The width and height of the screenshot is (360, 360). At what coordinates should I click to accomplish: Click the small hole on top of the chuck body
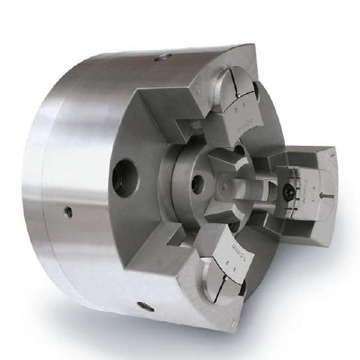pyautogui.click(x=163, y=58)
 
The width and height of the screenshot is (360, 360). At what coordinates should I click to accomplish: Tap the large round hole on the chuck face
pyautogui.click(x=125, y=178)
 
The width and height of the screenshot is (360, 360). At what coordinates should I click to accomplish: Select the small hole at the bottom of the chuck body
pyautogui.click(x=145, y=307)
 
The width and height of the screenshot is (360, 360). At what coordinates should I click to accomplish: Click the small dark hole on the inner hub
pyautogui.click(x=197, y=185)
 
